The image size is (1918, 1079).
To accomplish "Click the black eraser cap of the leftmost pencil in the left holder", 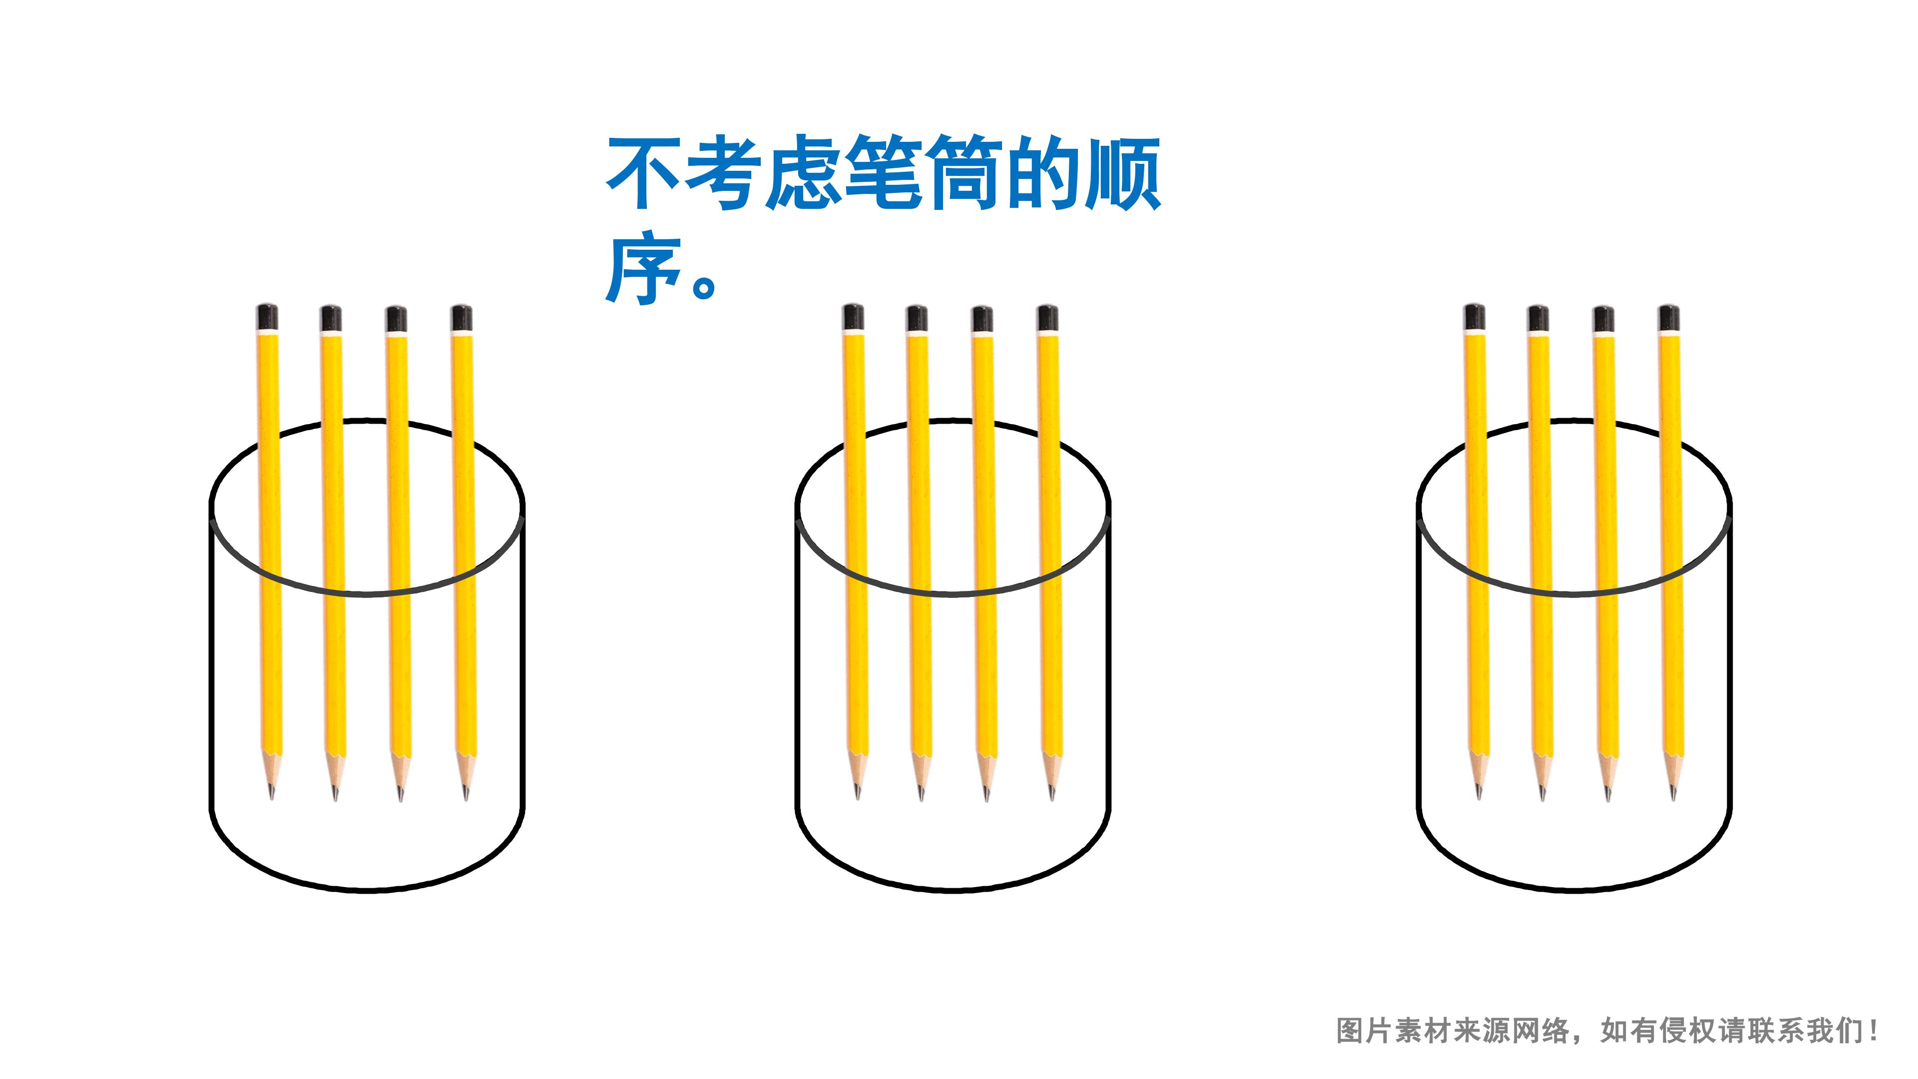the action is point(267,317).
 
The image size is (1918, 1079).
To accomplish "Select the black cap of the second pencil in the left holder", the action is point(331,318).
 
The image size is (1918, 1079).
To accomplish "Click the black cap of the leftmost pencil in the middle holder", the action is point(853,317).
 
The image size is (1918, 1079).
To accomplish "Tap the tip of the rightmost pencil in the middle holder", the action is point(1052,798).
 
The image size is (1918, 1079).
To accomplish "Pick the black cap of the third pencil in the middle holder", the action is point(982,319).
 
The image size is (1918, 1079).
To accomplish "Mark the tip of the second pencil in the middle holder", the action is point(921,798).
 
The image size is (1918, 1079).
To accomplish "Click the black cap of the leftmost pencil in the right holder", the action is point(1474,317).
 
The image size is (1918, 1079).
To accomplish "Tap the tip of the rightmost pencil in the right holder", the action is point(1673,798).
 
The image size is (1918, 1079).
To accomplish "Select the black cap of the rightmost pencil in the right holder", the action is point(1669,318).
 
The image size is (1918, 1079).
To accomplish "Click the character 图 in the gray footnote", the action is point(1350,1032).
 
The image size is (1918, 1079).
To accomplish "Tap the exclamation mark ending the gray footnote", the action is point(1873,1032).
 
